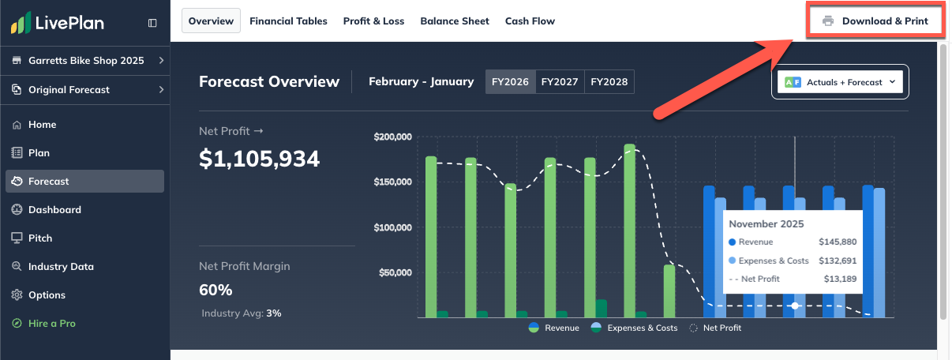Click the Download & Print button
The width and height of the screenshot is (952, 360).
click(x=875, y=21)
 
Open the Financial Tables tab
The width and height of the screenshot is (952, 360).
click(x=288, y=21)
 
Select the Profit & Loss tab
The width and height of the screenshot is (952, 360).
click(x=373, y=21)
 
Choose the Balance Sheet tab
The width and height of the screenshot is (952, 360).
click(x=455, y=21)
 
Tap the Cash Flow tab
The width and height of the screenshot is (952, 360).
click(x=530, y=21)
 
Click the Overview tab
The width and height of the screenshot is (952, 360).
click(x=211, y=21)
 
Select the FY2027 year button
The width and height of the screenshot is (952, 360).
click(x=560, y=82)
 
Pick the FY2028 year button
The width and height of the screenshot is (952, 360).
click(x=609, y=82)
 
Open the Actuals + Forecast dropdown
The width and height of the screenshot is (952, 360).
click(x=840, y=82)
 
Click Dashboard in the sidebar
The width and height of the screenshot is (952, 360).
click(x=54, y=210)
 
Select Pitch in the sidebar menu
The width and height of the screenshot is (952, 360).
click(x=40, y=238)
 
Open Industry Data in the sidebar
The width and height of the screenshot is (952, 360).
click(x=61, y=267)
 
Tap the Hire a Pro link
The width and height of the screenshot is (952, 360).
click(x=51, y=324)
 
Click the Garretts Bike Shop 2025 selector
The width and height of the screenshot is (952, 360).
click(x=85, y=61)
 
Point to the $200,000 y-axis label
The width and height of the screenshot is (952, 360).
click(x=393, y=137)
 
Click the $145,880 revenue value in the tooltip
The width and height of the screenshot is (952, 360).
click(x=838, y=242)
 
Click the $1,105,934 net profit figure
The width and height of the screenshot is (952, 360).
click(x=259, y=159)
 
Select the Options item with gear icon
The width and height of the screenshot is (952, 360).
click(x=47, y=295)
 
